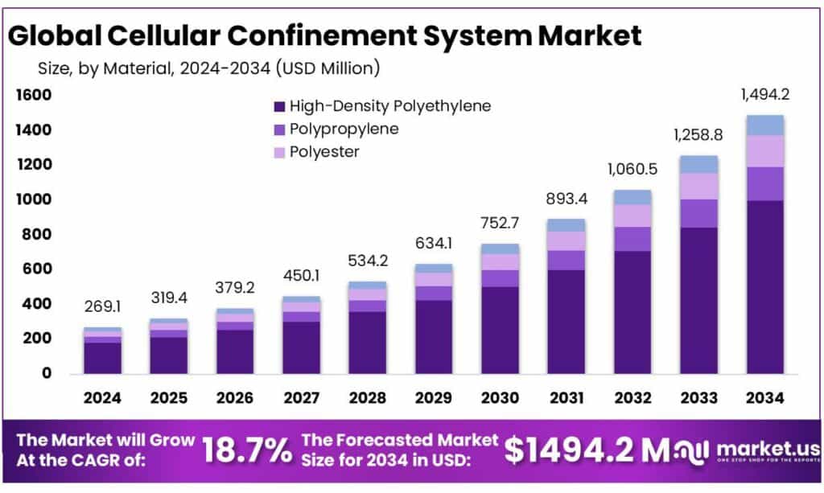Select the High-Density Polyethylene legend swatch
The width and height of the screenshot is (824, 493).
pos(279,106)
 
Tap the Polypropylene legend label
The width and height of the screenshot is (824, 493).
pos(344,129)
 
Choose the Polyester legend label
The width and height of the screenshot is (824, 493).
pos(324,151)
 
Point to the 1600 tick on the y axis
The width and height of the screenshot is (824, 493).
pos(34,95)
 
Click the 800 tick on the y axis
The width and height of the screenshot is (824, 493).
pos(37,234)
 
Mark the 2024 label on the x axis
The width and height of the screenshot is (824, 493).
pos(102,397)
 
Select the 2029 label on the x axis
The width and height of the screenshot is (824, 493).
pos(433,397)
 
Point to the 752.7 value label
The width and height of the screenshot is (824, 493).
pos(499,223)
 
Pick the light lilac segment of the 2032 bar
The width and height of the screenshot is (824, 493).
pos(632,216)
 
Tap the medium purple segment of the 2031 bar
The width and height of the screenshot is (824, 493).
pos(566,260)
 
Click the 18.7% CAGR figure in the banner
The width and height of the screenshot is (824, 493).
pos(246,450)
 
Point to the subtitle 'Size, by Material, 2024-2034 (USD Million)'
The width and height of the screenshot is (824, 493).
pos(208,68)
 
